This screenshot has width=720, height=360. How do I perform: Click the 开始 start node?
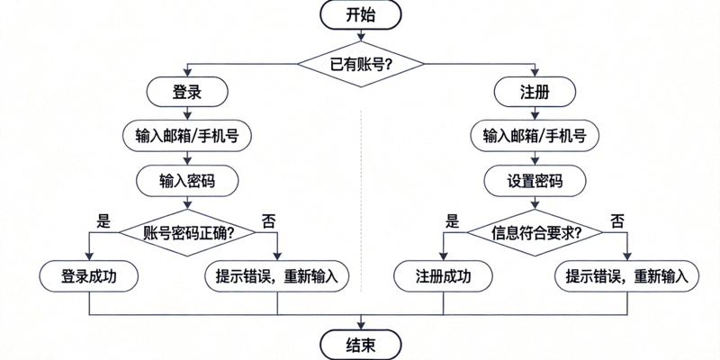click(x=360, y=14)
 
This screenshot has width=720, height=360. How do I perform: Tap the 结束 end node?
click(x=360, y=343)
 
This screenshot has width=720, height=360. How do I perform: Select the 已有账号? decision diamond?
click(x=360, y=64)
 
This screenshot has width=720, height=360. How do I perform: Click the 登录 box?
click(x=187, y=92)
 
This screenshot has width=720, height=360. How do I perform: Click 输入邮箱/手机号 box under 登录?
click(x=187, y=136)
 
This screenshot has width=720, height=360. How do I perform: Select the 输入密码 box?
click(x=187, y=181)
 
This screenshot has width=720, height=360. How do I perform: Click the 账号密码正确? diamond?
click(x=187, y=231)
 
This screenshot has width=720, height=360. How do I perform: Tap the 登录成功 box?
click(x=88, y=276)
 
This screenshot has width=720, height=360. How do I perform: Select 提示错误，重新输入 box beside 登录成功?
click(x=277, y=276)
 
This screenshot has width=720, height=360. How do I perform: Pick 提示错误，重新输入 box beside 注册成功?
click(x=627, y=276)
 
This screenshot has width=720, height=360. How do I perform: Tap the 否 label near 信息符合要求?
click(x=616, y=220)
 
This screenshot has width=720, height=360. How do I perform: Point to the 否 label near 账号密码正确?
click(x=268, y=220)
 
